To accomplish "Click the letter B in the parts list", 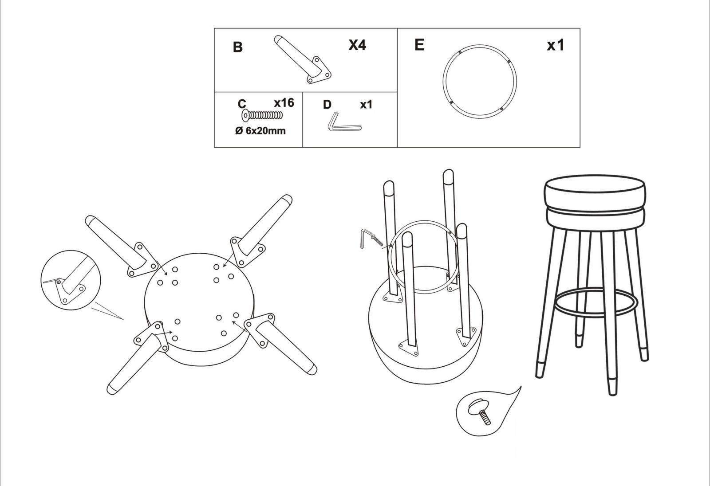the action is point(238,47).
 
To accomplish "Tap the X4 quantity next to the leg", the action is point(357,45).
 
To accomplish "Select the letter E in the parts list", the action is point(419,45).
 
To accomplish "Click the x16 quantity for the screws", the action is point(284,102).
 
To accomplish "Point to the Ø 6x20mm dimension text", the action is point(260,130).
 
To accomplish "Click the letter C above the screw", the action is point(242,104).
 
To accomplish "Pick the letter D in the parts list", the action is point(327,105).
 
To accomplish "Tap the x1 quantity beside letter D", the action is point(367,105).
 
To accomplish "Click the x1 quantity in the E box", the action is point(556,45).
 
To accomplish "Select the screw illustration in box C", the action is point(262,115).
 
